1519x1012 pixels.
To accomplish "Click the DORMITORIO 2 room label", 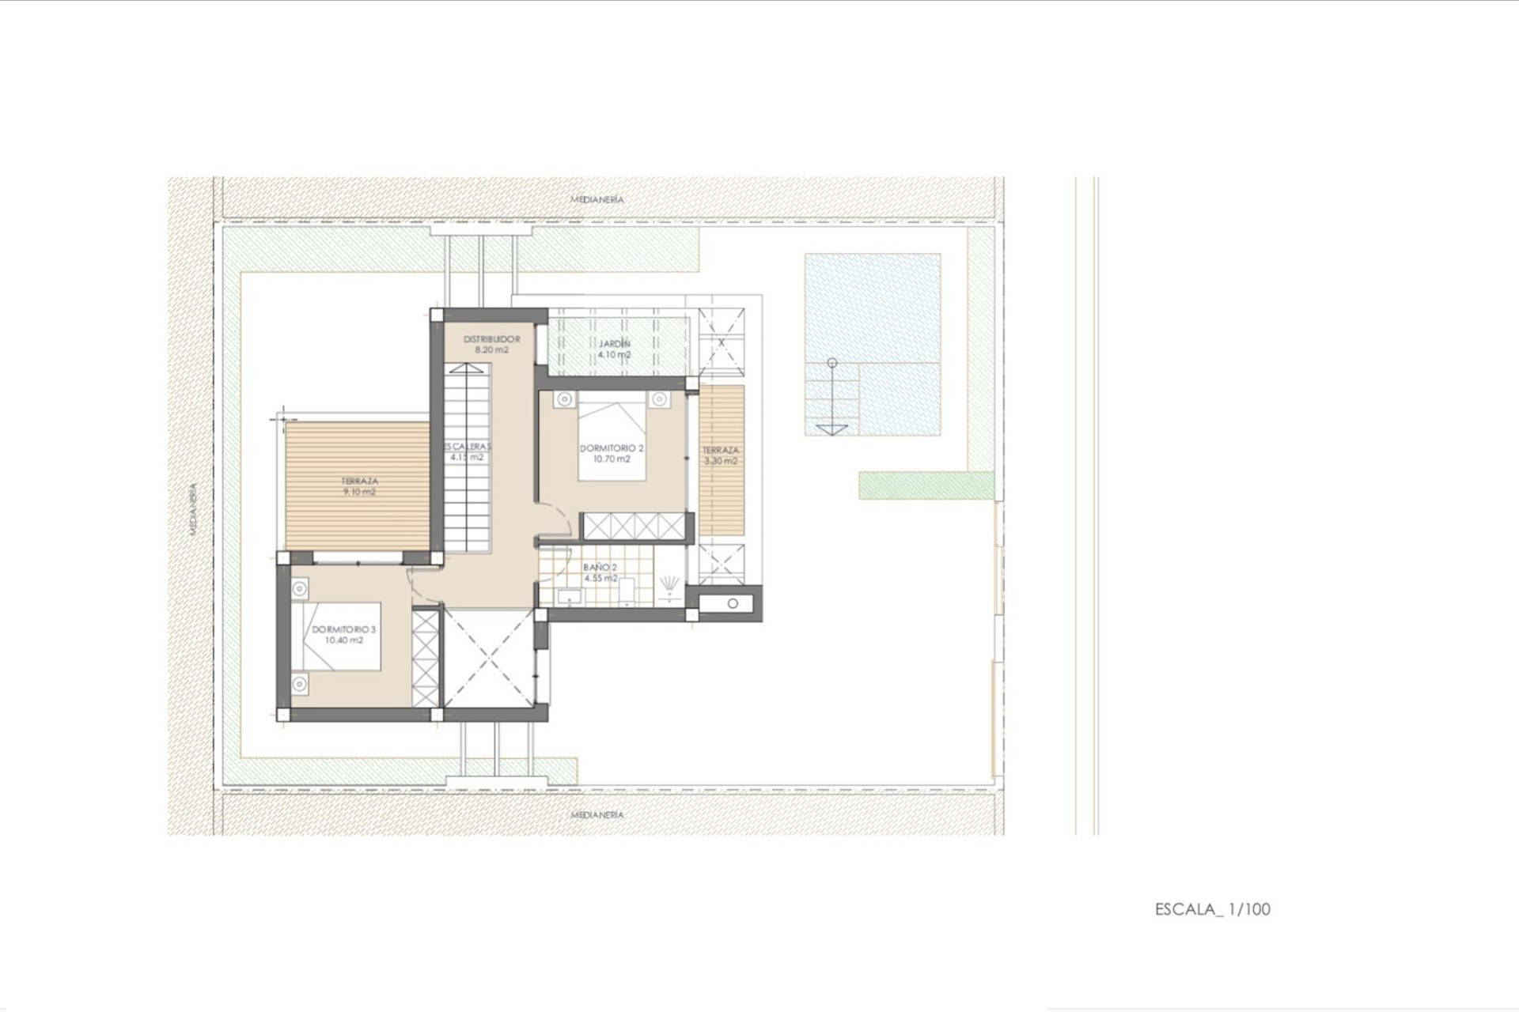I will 612,448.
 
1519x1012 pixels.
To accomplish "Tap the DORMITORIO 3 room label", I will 343,629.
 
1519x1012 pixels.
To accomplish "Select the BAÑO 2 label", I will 600,567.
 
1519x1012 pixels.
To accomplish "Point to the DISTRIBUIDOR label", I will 491,339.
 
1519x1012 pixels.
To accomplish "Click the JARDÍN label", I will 614,344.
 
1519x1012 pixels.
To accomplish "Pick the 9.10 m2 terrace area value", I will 359,492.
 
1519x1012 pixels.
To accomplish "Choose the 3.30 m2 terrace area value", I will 720,461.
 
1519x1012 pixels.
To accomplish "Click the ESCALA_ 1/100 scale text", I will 1212,909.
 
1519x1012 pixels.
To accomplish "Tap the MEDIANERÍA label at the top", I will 597,199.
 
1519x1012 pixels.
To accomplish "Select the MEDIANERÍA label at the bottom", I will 597,814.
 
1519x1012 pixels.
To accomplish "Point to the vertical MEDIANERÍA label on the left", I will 192,509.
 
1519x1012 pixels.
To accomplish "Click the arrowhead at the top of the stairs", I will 468,368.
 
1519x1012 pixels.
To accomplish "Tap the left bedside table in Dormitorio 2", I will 564,399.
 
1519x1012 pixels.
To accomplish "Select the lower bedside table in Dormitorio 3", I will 299,684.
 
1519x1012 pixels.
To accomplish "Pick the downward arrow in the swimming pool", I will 831,429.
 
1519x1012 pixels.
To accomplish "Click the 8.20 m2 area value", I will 491,349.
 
